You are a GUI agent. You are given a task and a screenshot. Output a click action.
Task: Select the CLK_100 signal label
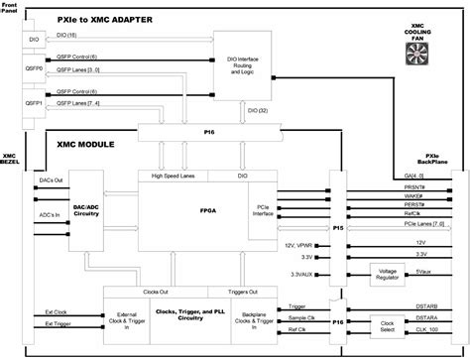click(428, 329)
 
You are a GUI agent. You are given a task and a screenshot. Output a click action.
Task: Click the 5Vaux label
click(422, 271)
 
